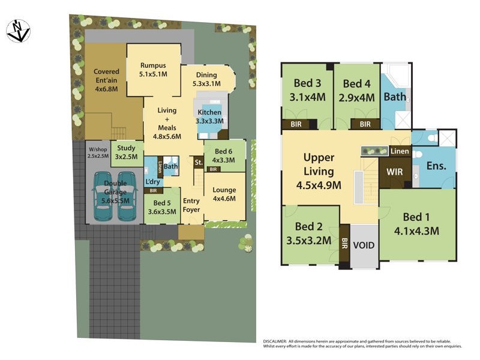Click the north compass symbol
pos(18,31)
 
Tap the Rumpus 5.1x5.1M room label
pos(153,70)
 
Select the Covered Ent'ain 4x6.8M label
pos(106,80)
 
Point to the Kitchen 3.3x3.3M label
pos(209,116)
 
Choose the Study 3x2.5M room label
pos(126,152)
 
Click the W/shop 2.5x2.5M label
pos(98,152)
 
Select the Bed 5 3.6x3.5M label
pos(161,207)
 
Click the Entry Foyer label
pos(191,205)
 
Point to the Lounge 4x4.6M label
pos(224,194)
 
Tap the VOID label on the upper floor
pos(363,245)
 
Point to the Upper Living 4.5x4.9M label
pos(319,172)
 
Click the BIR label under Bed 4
pos(364,124)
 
